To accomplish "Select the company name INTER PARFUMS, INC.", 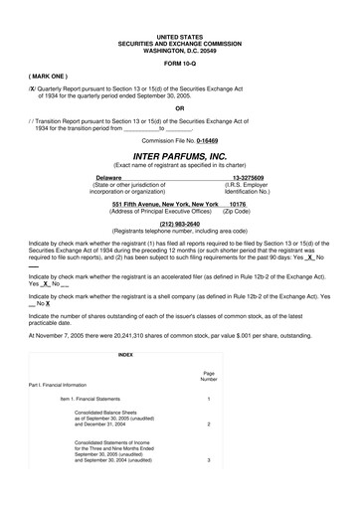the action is point(179,156).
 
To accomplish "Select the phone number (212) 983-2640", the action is point(179,224).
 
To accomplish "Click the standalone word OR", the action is point(179,108).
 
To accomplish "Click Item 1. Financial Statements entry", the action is point(102,400).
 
